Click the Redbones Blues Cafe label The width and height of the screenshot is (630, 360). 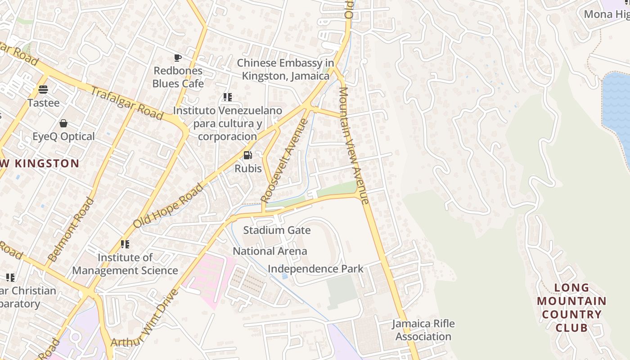(178, 77)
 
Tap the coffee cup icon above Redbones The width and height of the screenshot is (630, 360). (178, 58)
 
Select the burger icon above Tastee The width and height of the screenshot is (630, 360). (43, 89)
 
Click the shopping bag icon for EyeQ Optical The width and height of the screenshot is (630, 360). (63, 123)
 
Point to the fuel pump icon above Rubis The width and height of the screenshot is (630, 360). (247, 155)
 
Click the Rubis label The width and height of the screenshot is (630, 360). (248, 168)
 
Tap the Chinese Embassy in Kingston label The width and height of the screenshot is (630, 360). (286, 69)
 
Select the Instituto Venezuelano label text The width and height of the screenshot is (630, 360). (227, 123)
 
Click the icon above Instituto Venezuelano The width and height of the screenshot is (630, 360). (227, 97)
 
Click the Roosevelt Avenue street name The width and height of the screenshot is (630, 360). (285, 160)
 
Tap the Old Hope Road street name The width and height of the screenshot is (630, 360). (168, 206)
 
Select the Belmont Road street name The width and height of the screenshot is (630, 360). (72, 230)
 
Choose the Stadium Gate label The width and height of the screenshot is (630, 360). (277, 230)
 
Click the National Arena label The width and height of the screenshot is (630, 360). (270, 251)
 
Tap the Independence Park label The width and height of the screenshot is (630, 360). (315, 269)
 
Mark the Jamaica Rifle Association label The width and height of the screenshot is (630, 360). (423, 330)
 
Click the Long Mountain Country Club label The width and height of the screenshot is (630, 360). (571, 307)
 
